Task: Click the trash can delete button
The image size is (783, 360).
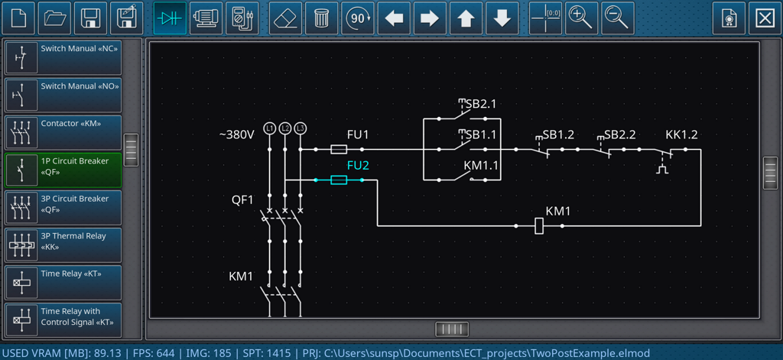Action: coord(321,18)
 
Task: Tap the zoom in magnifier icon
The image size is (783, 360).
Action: coord(581,18)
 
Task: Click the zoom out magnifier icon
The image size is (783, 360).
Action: coord(617,18)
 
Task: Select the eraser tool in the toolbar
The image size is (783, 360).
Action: coord(286,18)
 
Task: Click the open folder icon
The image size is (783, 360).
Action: coord(54,18)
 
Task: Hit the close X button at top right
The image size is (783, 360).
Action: coord(765,18)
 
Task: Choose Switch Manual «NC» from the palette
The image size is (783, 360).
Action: coord(63,57)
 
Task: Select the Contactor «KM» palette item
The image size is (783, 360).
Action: coord(63,132)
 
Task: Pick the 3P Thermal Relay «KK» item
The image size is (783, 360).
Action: coord(63,245)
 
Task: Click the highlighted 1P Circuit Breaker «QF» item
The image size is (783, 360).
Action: coord(63,170)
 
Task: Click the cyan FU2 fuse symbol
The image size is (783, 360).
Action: coord(339,180)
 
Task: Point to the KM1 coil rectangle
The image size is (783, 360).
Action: coord(539,225)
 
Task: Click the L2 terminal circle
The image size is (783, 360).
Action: coord(285,128)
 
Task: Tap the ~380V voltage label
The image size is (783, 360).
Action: coord(236,135)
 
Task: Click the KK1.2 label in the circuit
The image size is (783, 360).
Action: coord(681,135)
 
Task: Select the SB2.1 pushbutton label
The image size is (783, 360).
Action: coord(482,104)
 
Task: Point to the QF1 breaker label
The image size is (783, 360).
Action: coord(242,199)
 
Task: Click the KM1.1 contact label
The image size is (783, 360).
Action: coord(481,165)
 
